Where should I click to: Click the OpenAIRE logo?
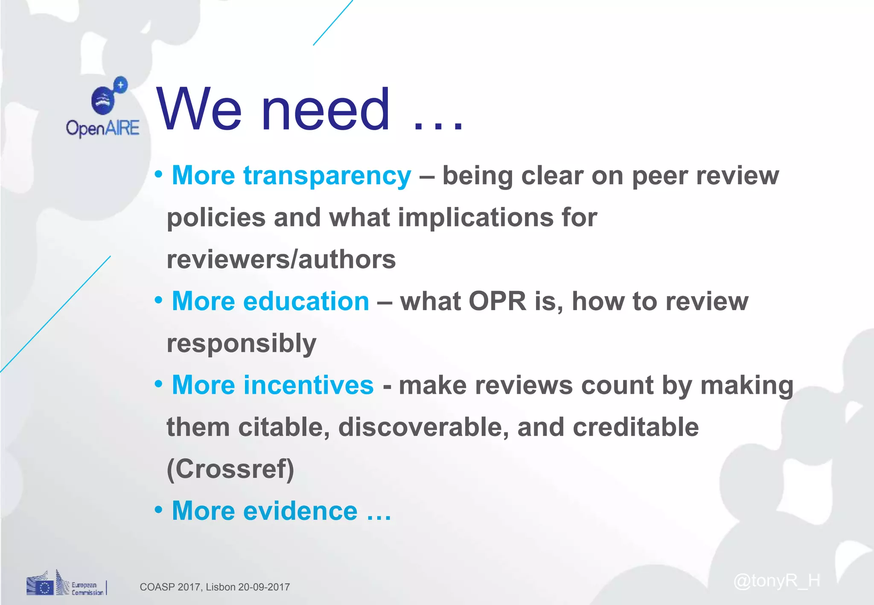coord(103,108)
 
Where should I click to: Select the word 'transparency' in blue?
coord(327,176)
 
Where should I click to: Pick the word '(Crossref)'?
coord(230,469)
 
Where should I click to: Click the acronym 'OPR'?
coord(497,301)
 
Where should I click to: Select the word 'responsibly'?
coord(242,343)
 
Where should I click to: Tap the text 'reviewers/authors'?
coord(281,259)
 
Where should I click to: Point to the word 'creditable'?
coord(635,427)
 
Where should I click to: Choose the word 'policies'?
coord(216,218)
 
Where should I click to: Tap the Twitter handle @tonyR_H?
coord(776,581)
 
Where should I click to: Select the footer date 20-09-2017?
coord(264,587)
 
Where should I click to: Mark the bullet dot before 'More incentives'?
coord(158,384)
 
